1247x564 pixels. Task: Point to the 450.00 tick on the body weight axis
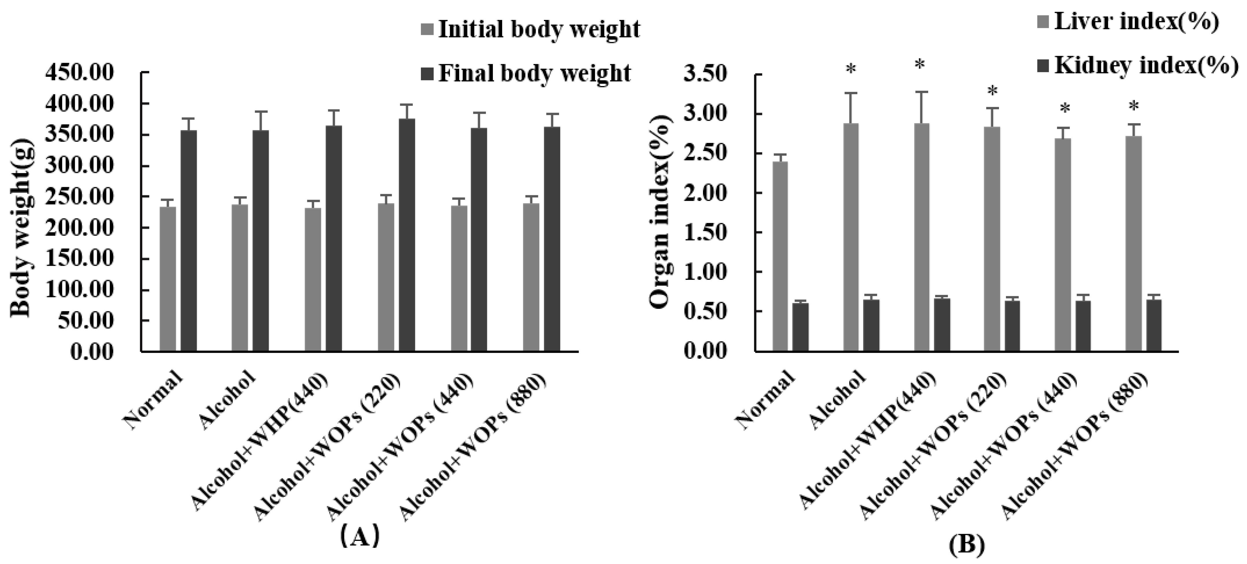point(79,74)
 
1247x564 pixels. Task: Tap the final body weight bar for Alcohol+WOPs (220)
point(407,235)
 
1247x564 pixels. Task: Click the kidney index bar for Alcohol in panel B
point(871,325)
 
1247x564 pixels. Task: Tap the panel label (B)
point(967,545)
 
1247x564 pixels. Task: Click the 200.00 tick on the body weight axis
point(79,228)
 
